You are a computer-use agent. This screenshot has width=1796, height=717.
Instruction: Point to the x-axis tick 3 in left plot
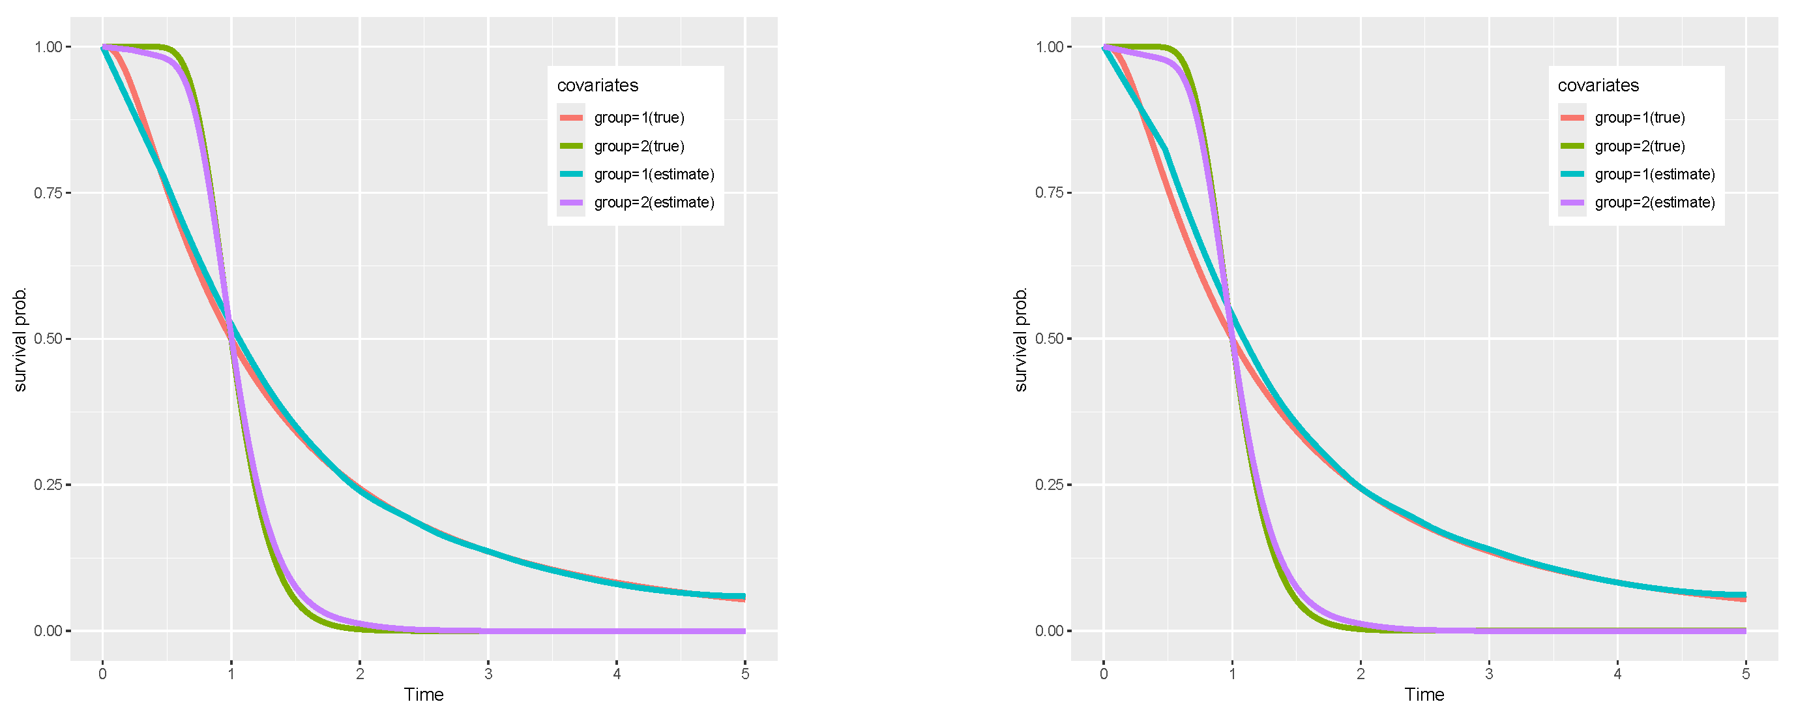(488, 674)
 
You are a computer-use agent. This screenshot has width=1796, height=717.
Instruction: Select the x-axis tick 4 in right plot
(1617, 674)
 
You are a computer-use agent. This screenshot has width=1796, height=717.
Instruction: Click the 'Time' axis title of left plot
(423, 695)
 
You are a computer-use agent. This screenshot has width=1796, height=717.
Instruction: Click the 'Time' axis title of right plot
(1424, 695)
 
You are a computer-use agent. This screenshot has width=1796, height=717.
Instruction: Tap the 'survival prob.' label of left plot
(20, 339)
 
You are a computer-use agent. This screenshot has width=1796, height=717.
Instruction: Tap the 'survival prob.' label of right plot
(1021, 339)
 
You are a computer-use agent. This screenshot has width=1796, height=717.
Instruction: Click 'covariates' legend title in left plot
(598, 85)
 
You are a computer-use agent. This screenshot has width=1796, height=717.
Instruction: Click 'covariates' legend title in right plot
(1598, 85)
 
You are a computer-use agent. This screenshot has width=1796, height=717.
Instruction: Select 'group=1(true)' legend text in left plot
(640, 117)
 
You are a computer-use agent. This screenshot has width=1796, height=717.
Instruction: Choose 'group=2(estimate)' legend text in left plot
(654, 202)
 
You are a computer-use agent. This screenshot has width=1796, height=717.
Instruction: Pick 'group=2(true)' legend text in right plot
(1640, 145)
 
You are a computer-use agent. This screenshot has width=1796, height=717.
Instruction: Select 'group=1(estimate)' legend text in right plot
(1655, 174)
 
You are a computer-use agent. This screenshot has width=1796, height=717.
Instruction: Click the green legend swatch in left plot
(571, 145)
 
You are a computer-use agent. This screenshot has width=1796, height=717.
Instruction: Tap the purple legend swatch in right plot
(1572, 202)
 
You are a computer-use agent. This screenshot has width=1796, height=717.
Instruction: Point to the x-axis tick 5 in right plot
(1745, 674)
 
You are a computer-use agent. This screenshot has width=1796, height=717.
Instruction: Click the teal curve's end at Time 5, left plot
(744, 596)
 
